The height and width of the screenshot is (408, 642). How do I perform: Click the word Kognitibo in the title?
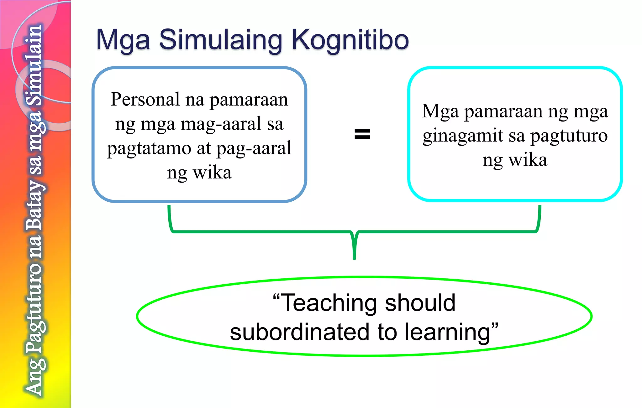tap(350, 40)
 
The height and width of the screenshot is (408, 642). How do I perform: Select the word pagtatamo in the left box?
tap(149, 148)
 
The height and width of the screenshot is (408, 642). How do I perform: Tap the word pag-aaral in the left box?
tap(254, 148)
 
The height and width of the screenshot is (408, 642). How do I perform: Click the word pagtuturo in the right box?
tap(569, 136)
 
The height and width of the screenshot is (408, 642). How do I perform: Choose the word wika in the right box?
tap(528, 160)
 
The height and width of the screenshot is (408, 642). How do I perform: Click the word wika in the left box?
tap(212, 173)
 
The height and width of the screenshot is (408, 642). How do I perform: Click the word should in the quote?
tap(420, 303)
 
